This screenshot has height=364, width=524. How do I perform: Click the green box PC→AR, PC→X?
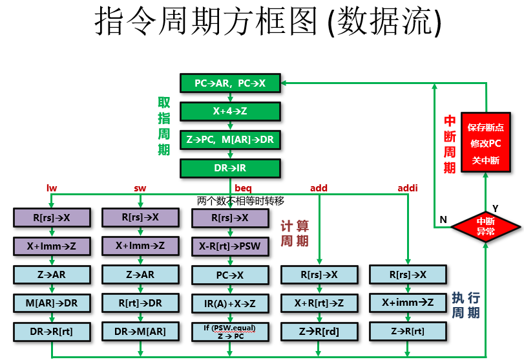(230, 83)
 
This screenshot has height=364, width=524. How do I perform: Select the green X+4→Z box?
(230, 111)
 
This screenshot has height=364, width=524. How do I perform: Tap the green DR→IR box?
(230, 168)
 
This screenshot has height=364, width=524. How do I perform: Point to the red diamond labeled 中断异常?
(485, 226)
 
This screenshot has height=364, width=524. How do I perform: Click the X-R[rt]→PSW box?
(230, 246)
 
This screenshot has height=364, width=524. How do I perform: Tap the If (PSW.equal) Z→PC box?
(230, 332)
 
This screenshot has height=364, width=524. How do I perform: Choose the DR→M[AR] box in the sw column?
(140, 332)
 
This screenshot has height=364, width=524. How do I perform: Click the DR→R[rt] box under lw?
(52, 332)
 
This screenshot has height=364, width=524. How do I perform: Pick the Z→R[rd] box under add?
(319, 332)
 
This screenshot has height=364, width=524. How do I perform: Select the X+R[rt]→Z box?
(319, 303)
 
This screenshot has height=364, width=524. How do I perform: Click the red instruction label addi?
(408, 188)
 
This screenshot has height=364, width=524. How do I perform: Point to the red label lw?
(52, 188)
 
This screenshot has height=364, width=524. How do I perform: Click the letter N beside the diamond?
(443, 220)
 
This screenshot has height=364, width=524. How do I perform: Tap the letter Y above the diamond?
(496, 208)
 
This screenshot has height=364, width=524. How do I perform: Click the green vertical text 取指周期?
(164, 126)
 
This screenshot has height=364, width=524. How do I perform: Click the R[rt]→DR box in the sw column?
(140, 303)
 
